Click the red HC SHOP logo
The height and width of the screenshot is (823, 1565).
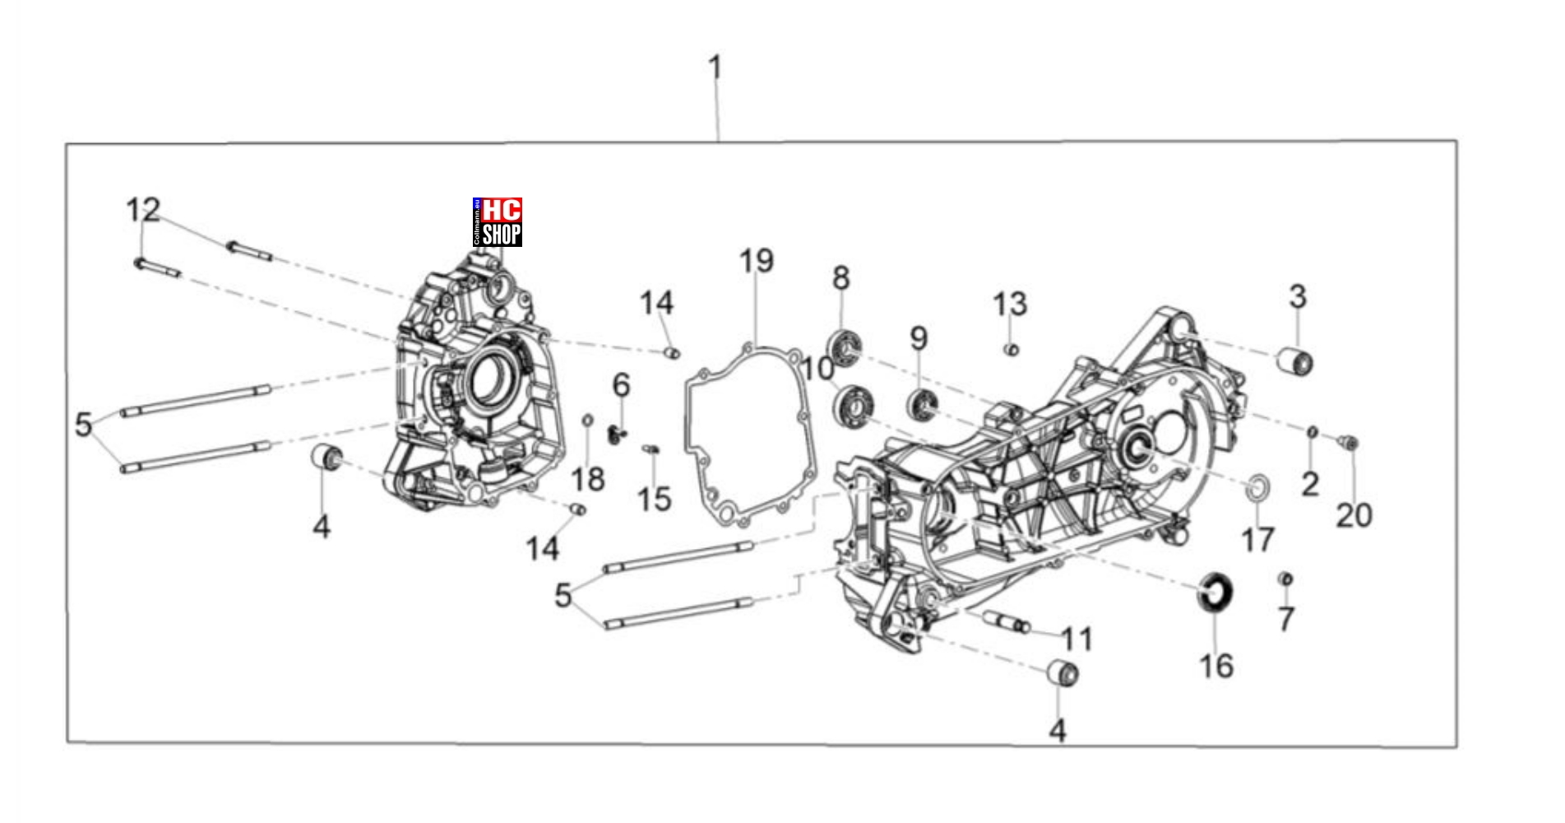click(498, 221)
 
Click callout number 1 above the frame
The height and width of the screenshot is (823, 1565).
click(715, 67)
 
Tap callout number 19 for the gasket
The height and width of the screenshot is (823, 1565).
click(757, 261)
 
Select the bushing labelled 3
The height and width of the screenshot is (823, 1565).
click(1294, 360)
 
